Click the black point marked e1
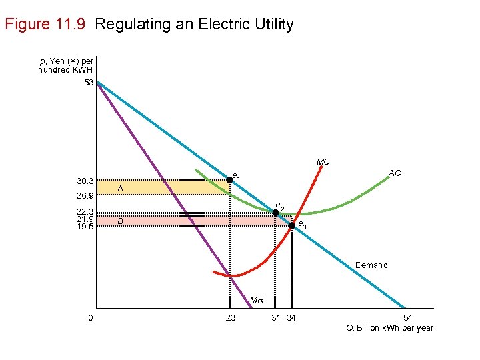[229, 179]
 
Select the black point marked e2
[275, 213]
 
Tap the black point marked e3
[291, 225]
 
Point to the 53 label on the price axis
[89, 83]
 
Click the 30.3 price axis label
[85, 181]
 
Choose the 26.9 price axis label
[85, 197]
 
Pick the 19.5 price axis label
[85, 226]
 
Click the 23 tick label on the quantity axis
[230, 318]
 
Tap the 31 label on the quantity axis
[275, 318]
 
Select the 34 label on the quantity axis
[291, 318]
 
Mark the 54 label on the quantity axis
[408, 318]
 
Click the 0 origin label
[90, 318]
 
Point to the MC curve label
[323, 162]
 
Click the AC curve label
[395, 173]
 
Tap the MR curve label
[257, 301]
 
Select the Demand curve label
[371, 265]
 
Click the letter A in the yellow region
[120, 189]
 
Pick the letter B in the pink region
[120, 221]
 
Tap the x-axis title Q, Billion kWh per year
[390, 328]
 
